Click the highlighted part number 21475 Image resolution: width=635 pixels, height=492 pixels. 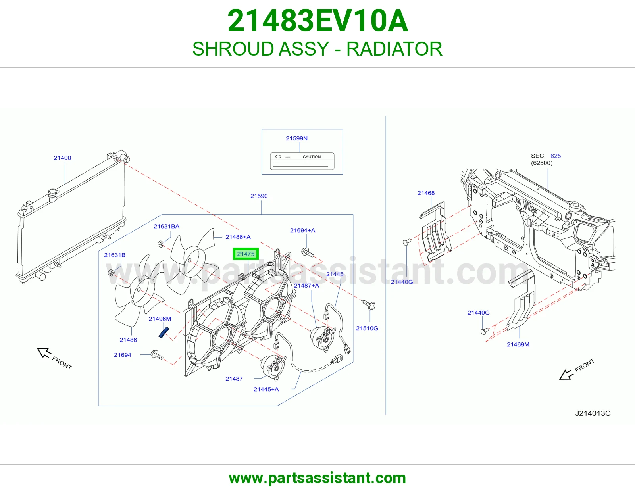[245, 254]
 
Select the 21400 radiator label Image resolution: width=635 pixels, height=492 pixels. [62, 158]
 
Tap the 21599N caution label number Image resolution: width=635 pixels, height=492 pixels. [296, 138]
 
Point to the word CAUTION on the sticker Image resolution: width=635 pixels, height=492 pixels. [312, 157]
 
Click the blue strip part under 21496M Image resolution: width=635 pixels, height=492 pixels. [164, 332]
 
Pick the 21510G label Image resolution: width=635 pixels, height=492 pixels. [367, 328]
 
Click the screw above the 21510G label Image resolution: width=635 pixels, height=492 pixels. [369, 304]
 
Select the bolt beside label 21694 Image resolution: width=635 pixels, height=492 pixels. [157, 355]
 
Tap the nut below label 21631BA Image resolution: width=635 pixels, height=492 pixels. [160, 244]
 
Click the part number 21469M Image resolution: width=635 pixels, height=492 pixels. [518, 344]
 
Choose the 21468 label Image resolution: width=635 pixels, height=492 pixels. [426, 193]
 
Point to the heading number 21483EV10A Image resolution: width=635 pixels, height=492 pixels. [317, 21]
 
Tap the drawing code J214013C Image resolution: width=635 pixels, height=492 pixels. [593, 413]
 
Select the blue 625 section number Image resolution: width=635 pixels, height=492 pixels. [556, 156]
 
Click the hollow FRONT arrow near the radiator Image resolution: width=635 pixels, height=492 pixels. [44, 353]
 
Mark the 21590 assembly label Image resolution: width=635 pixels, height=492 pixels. [259, 196]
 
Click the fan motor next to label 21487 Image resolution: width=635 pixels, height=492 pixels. [273, 367]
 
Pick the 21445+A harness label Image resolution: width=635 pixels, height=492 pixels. [266, 390]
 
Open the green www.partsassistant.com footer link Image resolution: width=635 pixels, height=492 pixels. [317, 478]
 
